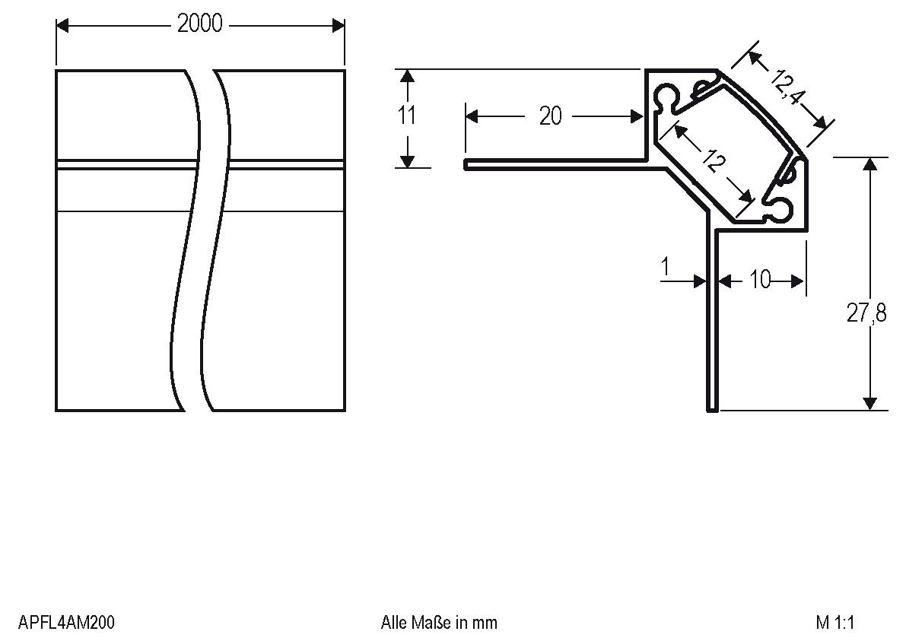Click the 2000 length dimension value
(200, 24)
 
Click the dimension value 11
(407, 116)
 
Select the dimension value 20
(550, 116)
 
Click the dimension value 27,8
(866, 313)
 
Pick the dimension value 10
(760, 281)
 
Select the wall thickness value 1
(666, 267)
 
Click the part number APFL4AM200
(66, 623)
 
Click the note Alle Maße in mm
(439, 623)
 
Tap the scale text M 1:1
(835, 623)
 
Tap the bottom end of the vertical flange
(712, 409)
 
